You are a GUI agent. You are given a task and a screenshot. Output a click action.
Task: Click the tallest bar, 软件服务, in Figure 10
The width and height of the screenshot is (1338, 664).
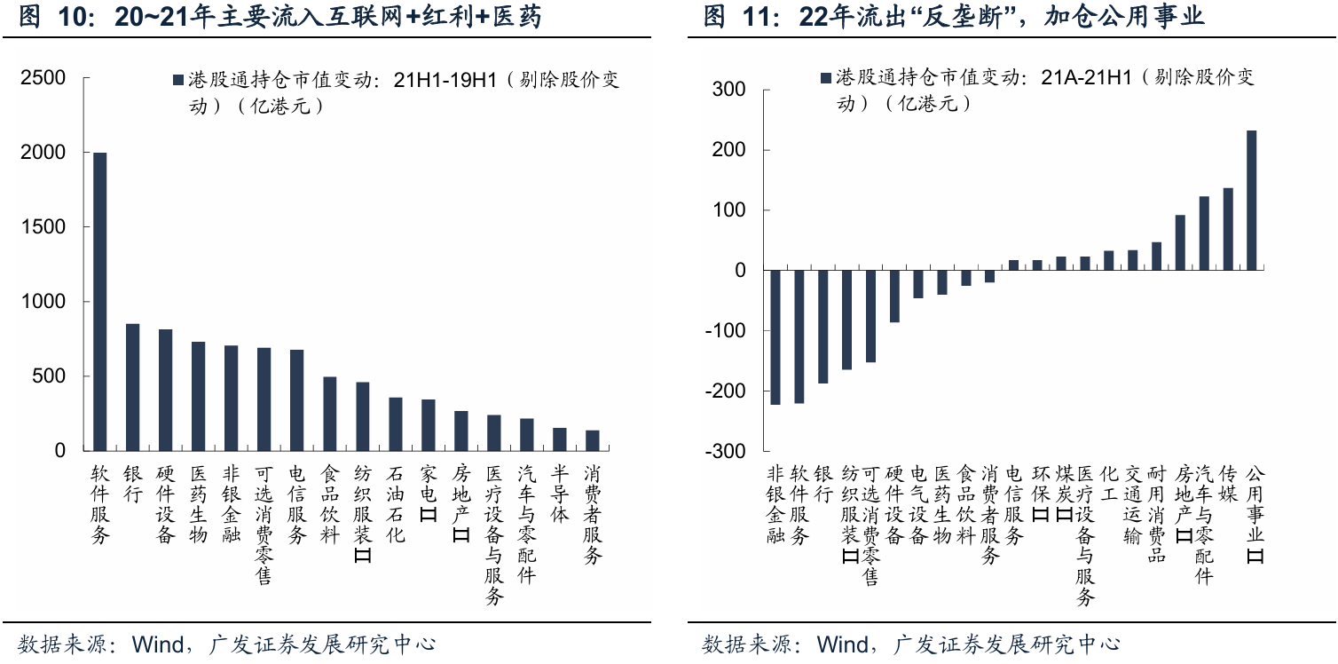100,302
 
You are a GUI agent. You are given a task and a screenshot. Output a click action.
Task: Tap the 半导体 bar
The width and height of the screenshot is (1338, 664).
559,439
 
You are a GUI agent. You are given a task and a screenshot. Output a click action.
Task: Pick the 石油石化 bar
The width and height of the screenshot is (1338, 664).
395,424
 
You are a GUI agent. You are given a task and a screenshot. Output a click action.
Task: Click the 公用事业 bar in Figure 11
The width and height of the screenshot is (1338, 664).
1251,201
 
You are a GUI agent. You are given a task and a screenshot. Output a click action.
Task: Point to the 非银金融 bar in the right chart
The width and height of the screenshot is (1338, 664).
775,337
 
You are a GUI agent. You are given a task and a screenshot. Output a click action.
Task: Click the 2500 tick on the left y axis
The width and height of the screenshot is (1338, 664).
43,78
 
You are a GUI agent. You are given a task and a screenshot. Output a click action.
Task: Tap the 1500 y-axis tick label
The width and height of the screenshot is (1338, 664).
43,227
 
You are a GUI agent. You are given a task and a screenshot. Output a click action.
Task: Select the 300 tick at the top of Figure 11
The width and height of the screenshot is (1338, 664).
731,90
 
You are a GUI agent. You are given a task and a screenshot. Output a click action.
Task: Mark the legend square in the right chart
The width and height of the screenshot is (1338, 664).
827,78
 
